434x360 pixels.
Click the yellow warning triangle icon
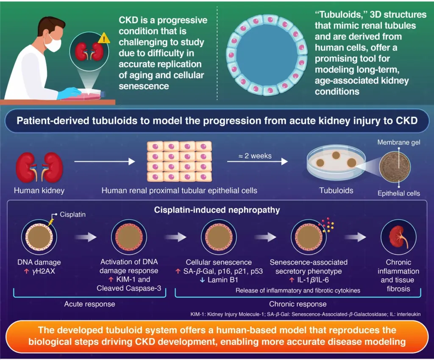[103, 39]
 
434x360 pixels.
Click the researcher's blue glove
[70, 93]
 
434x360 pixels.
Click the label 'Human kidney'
[39, 191]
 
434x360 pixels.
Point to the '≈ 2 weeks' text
[249, 155]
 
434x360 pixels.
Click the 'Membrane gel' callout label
[399, 142]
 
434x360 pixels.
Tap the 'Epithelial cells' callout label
[399, 194]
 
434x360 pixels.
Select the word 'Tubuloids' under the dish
[336, 191]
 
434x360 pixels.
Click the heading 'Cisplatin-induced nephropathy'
[217, 210]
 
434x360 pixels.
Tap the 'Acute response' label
[89, 304]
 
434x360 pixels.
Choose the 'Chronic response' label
[298, 304]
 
